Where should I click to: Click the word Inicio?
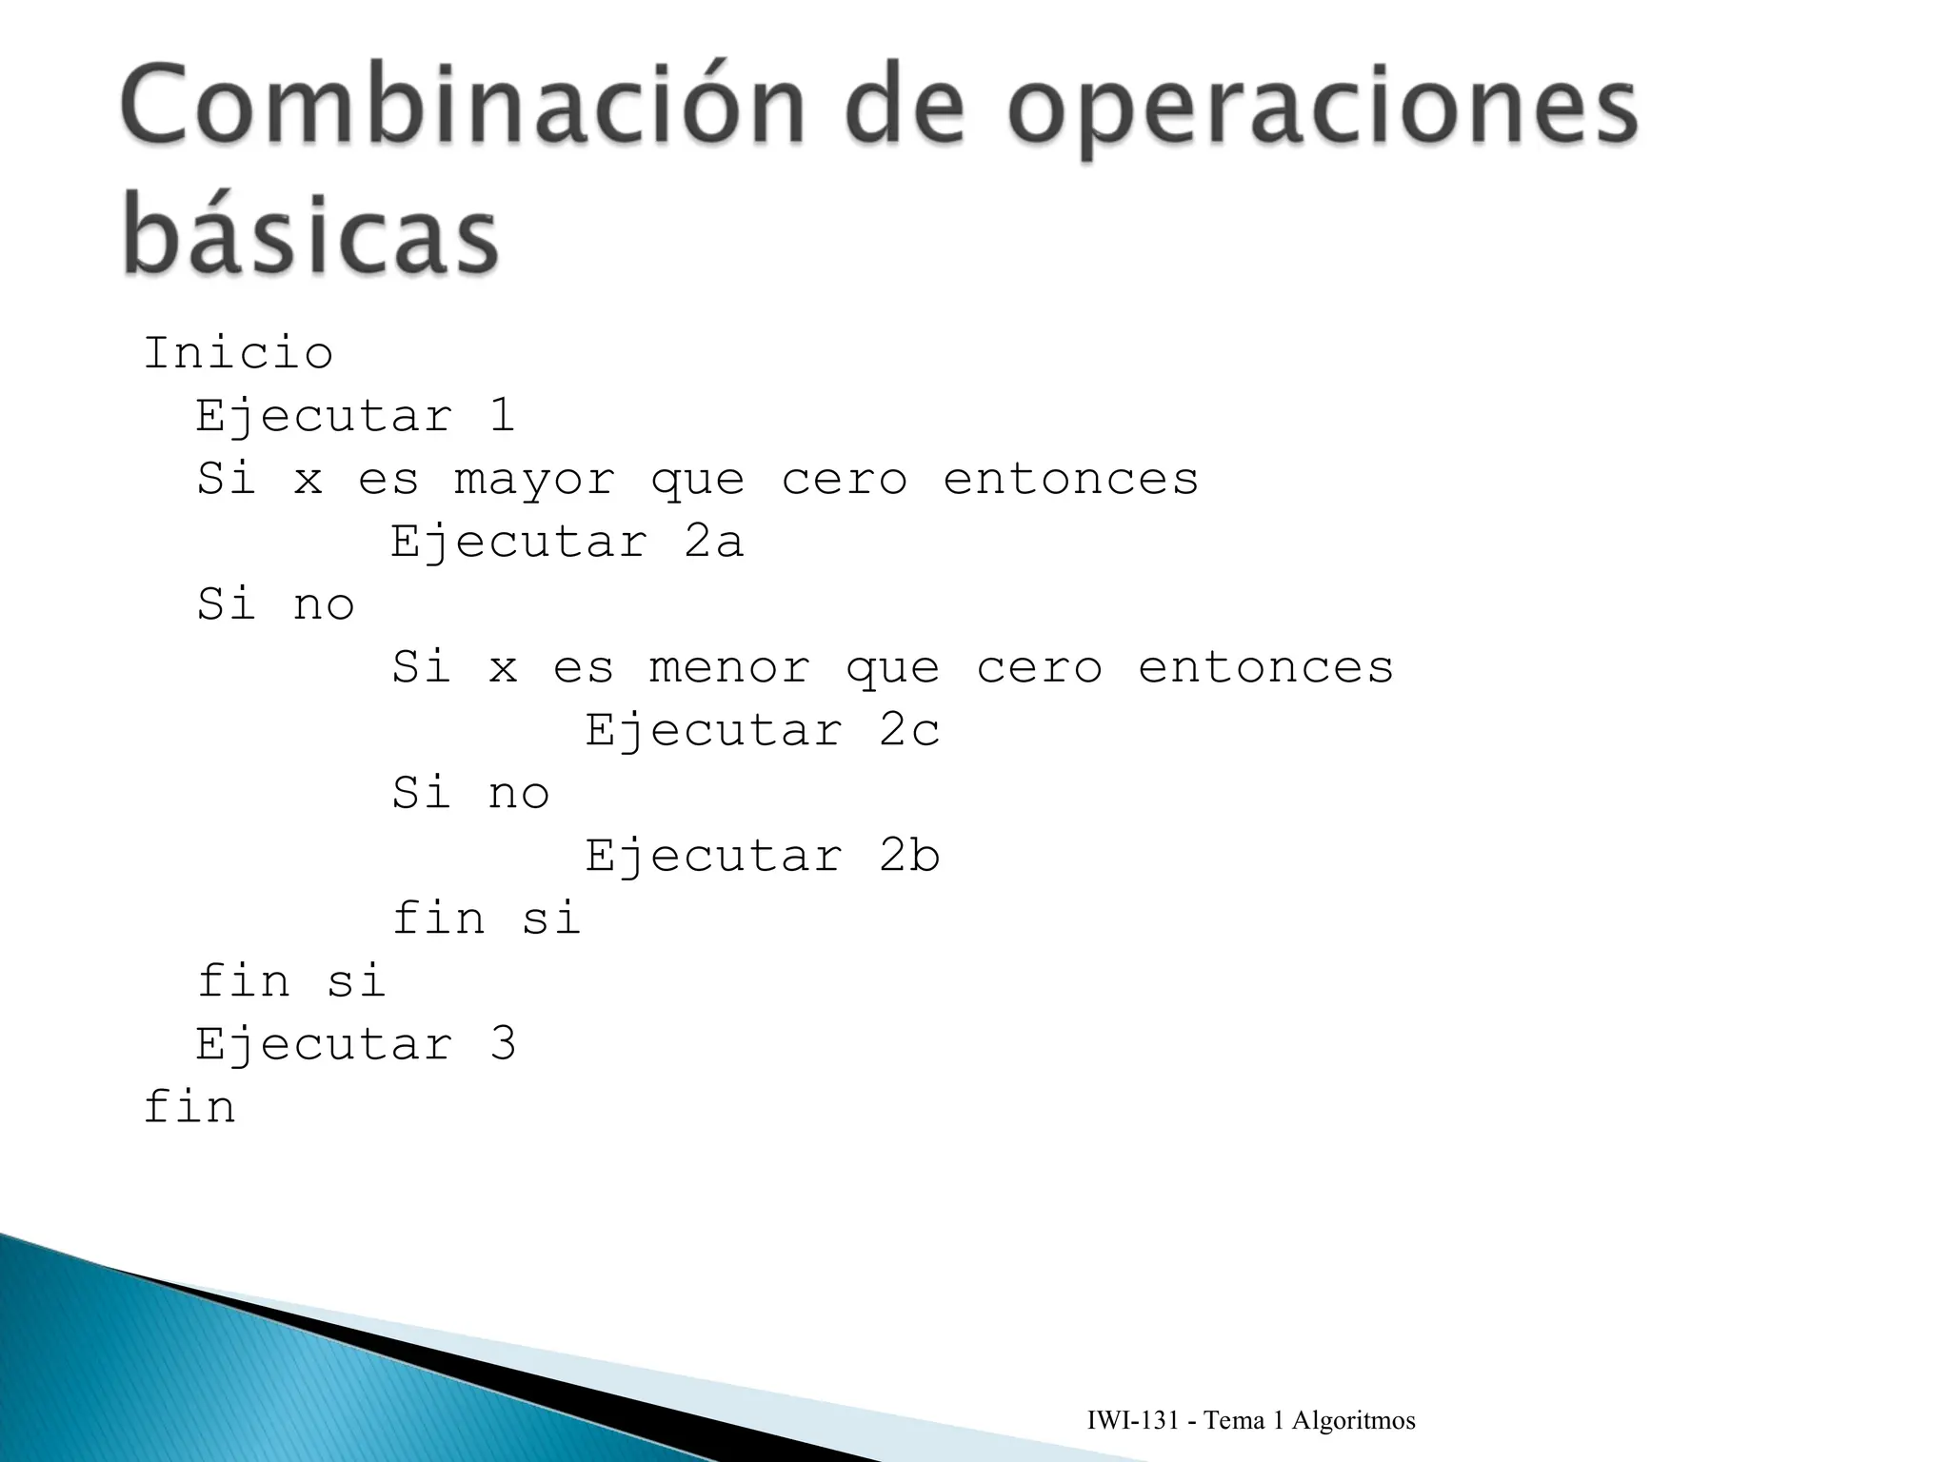[238, 354]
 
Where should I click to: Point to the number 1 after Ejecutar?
[502, 416]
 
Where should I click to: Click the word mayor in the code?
[534, 479]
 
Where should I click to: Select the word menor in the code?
[729, 667]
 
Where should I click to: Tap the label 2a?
[713, 542]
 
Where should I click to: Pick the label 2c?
[908, 730]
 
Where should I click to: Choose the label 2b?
[908, 856]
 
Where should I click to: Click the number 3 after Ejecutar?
[503, 1044]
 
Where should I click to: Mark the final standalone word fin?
[189, 1107]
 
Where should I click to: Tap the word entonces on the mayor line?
[1070, 479]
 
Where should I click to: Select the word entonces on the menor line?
[1265, 667]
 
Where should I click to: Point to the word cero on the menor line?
[1039, 667]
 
